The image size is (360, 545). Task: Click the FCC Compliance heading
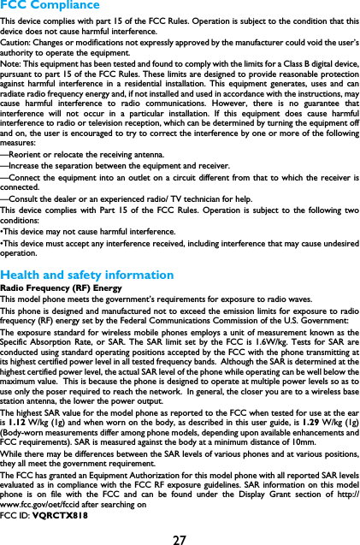50,5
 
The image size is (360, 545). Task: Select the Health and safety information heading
87,275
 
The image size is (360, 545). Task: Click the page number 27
180,540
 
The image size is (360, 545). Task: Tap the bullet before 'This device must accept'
3,243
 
